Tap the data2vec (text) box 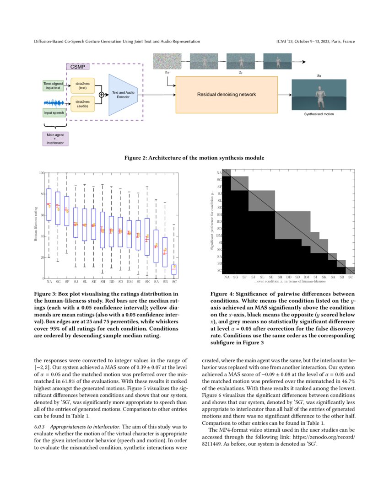(x=82, y=85)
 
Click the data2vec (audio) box (x=82, y=103)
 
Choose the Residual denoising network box (x=227, y=95)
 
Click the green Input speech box (x=54, y=112)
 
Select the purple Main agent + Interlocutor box (x=54, y=139)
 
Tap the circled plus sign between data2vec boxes (x=101, y=94)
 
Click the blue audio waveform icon (x=54, y=102)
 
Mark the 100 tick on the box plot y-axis (x=41, y=173)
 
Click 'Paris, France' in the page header (x=343, y=42)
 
